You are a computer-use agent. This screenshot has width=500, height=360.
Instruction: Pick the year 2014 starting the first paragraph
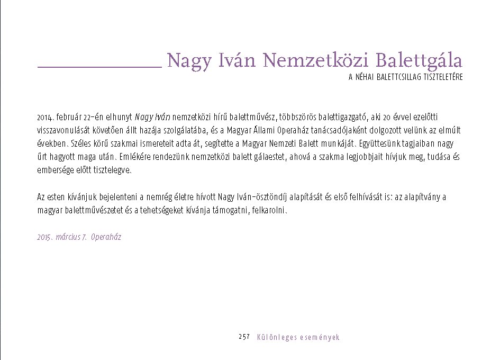tap(44, 116)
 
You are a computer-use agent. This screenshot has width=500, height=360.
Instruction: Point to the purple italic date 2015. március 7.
tap(62, 237)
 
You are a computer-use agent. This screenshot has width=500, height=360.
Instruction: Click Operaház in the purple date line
tap(106, 237)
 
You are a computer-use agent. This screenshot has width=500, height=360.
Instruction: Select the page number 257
tap(244, 337)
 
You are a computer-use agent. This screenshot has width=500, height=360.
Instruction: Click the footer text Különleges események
tap(298, 337)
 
